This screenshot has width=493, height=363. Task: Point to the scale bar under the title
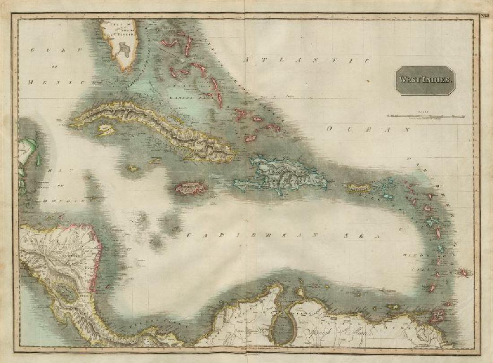click(x=425, y=116)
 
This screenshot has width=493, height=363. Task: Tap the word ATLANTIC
click(x=307, y=60)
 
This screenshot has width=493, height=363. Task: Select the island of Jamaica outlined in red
click(x=190, y=188)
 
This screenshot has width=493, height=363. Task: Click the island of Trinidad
click(x=436, y=316)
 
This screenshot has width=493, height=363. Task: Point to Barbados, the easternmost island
click(x=463, y=272)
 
